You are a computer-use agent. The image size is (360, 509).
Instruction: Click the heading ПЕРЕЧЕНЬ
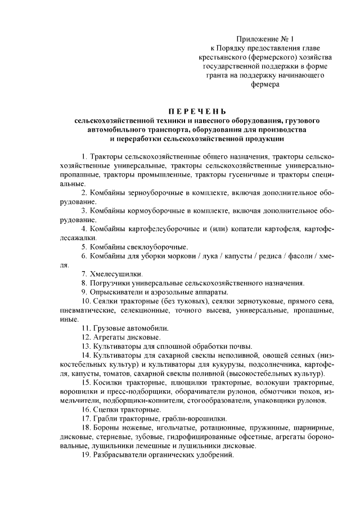pos(179,111)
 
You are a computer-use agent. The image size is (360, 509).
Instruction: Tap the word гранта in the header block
pos(218,75)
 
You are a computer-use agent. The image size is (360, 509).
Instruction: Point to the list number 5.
pos(84,247)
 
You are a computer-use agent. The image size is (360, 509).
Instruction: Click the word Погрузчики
pos(110,283)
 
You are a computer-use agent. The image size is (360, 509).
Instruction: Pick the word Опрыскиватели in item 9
pos(116,292)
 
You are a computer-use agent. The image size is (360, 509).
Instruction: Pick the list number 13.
pos(85,346)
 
